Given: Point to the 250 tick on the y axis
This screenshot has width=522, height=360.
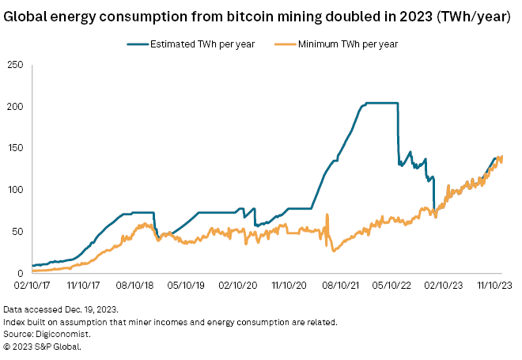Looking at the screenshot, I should (x=14, y=65).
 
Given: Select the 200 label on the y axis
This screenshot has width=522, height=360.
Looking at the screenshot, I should (x=14, y=107).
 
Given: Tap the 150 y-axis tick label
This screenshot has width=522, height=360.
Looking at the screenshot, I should (x=14, y=148).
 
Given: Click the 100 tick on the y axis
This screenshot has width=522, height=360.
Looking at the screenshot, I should (x=14, y=190).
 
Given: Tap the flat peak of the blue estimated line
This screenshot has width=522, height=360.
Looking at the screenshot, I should (x=380, y=103).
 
